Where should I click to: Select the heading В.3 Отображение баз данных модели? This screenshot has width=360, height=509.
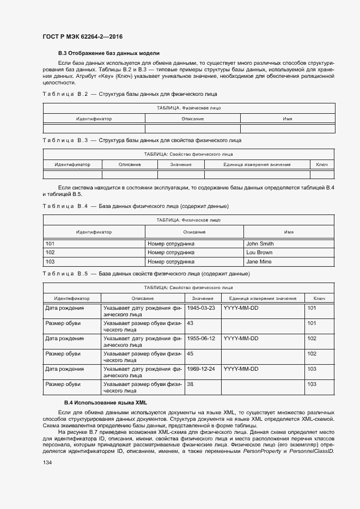109,53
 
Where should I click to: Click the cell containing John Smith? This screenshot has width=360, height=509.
260,244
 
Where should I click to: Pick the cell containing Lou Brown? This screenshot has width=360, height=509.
259,253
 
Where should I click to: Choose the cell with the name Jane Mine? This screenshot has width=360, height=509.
259,262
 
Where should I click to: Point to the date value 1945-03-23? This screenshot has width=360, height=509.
201,308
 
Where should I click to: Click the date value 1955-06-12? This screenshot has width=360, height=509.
201,338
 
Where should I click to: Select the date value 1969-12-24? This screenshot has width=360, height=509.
201,369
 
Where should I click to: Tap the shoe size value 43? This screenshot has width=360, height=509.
191,323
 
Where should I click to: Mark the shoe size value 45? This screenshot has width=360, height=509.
191,353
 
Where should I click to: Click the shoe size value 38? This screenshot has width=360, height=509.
191,384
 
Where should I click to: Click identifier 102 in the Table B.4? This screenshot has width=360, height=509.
50,253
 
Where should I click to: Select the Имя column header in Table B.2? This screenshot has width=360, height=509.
287,119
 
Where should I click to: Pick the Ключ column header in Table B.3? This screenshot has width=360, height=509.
321,164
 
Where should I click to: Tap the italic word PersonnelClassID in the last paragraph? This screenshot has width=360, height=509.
311,451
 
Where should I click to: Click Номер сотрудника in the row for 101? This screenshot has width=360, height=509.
171,244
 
